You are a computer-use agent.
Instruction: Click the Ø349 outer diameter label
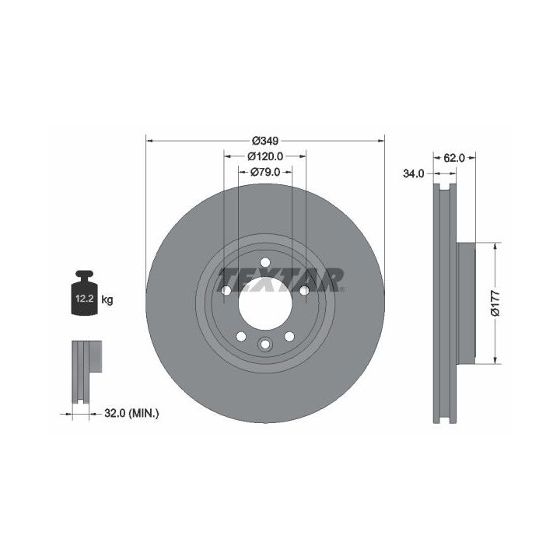click(265, 141)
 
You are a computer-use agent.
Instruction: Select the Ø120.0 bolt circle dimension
click(265, 156)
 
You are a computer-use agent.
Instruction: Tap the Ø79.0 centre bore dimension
click(265, 172)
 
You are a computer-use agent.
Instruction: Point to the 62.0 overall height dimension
click(454, 158)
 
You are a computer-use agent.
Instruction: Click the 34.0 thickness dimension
click(413, 174)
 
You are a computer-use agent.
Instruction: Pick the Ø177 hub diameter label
click(495, 303)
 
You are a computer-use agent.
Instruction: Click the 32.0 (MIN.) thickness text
click(131, 414)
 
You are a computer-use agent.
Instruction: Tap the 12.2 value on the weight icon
click(84, 299)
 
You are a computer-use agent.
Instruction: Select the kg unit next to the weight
click(107, 300)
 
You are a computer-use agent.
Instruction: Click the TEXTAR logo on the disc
click(282, 280)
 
